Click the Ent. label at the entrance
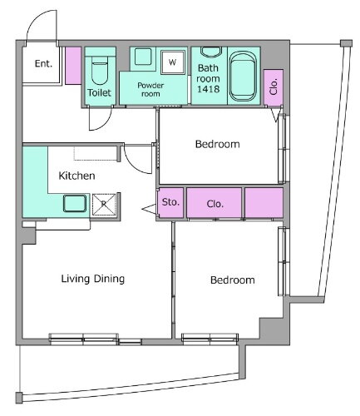click(43, 63)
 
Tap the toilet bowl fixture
click(100, 70)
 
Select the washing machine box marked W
click(173, 62)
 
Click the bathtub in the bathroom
click(244, 77)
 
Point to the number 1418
click(208, 89)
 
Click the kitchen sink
click(75, 203)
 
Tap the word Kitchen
click(76, 176)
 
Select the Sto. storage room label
click(170, 202)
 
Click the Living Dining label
click(93, 279)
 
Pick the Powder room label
click(150, 89)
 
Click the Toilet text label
click(99, 92)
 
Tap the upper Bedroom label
click(218, 144)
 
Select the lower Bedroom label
click(233, 280)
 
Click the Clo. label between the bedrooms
click(215, 204)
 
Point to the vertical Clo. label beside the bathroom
click(274, 87)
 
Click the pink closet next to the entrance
click(73, 66)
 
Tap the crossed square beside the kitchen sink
click(104, 205)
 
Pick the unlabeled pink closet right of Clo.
click(264, 203)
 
